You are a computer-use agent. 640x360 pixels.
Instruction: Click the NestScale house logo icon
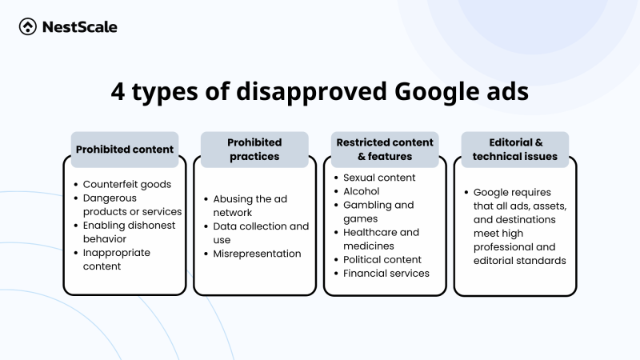click(x=27, y=27)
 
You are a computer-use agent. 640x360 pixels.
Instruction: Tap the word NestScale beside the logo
click(x=80, y=27)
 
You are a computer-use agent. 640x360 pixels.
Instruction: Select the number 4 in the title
click(x=118, y=92)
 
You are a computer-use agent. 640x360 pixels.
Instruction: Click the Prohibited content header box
click(x=124, y=149)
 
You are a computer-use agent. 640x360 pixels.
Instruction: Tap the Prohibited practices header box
click(x=254, y=149)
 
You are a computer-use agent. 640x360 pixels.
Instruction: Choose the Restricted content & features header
click(x=385, y=149)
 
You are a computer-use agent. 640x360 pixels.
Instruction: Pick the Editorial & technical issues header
click(x=515, y=149)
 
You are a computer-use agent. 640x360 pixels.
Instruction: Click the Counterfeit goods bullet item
click(x=126, y=184)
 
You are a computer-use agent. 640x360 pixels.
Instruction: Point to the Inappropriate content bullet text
click(x=116, y=259)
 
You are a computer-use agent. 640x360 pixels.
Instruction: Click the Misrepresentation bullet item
click(x=257, y=254)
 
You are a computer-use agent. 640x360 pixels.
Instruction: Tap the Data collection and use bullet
click(x=260, y=233)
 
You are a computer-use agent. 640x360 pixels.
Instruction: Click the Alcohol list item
click(x=361, y=191)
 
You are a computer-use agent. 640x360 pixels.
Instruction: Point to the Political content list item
click(x=383, y=259)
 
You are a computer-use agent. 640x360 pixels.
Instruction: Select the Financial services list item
click(x=386, y=273)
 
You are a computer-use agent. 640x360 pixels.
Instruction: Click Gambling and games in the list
click(x=378, y=211)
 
